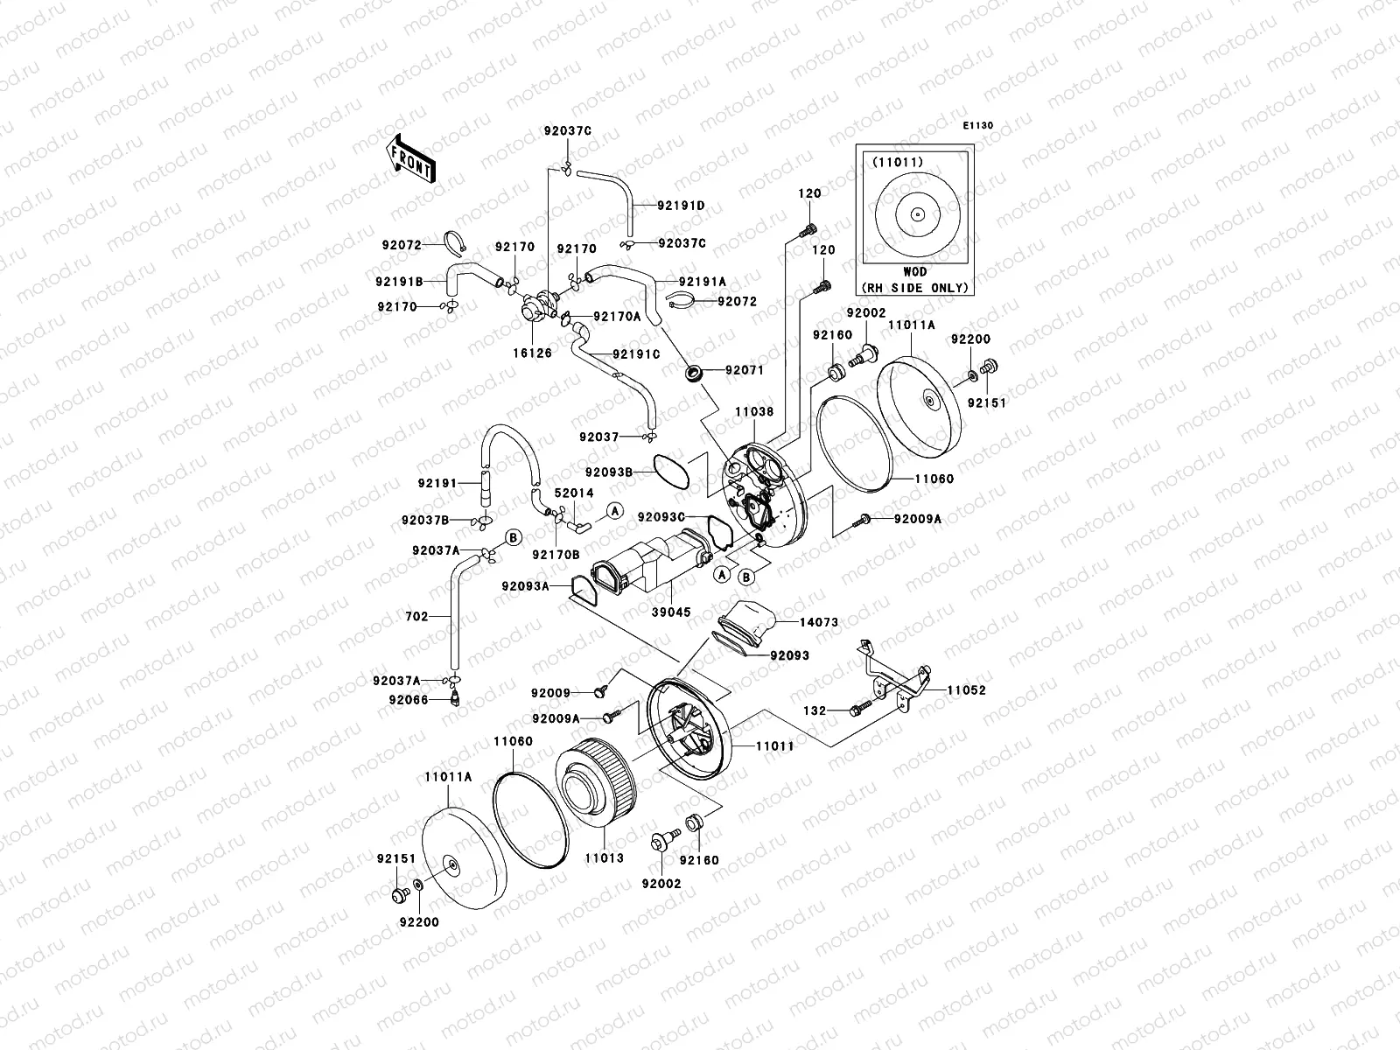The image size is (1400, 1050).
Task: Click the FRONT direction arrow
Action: click(x=411, y=158)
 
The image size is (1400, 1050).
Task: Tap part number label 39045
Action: click(x=671, y=612)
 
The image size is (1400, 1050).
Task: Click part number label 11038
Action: click(x=752, y=410)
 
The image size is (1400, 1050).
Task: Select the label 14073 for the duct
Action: click(x=818, y=622)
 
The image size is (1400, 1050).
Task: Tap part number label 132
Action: click(x=814, y=711)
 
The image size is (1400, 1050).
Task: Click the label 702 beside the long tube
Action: click(x=416, y=617)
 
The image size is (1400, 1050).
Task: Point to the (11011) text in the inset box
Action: click(x=891, y=162)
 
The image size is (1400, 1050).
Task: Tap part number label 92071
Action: click(x=744, y=370)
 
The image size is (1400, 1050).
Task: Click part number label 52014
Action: click(x=574, y=493)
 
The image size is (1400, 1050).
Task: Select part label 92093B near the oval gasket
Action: click(x=633, y=472)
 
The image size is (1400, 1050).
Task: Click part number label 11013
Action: click(x=604, y=858)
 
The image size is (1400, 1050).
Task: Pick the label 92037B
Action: click(x=425, y=520)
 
